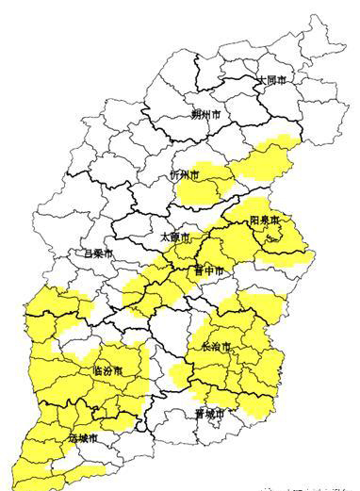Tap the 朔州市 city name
click(x=206, y=115)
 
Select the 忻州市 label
click(x=185, y=175)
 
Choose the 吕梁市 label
click(x=97, y=254)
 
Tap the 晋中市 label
click(x=208, y=271)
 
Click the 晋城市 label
click(x=210, y=414)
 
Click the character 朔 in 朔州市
click(x=196, y=115)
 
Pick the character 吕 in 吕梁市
click(x=87, y=254)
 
